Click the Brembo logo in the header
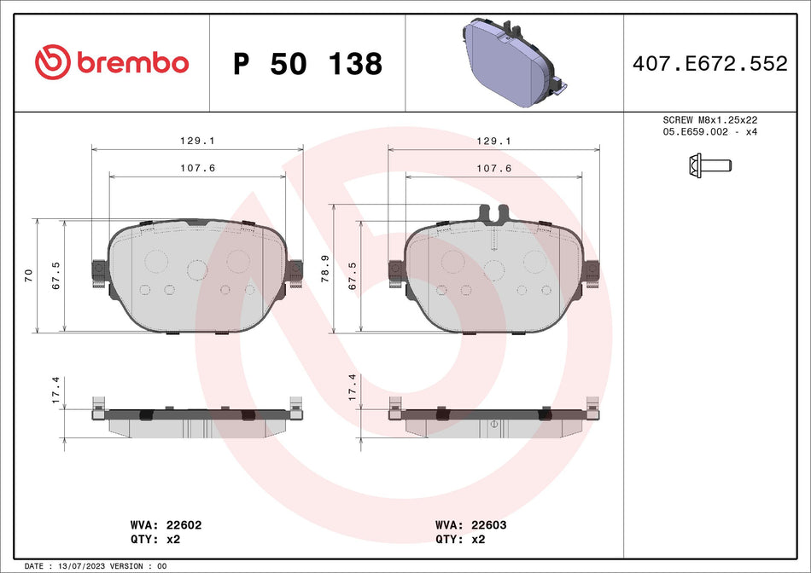pyautogui.click(x=111, y=62)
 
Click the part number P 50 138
pyautogui.click(x=307, y=64)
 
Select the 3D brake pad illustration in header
pyautogui.click(x=512, y=64)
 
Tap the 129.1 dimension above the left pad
pyautogui.click(x=197, y=142)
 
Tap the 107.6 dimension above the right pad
pyautogui.click(x=494, y=169)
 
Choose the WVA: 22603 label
pyautogui.click(x=470, y=525)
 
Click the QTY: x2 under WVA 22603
pyautogui.click(x=459, y=539)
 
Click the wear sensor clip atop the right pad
pyautogui.click(x=494, y=215)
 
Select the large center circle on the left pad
pyautogui.click(x=197, y=269)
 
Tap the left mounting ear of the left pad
pyautogui.click(x=98, y=270)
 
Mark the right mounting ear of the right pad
pyautogui.click(x=592, y=270)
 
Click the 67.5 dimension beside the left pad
pyautogui.click(x=55, y=275)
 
